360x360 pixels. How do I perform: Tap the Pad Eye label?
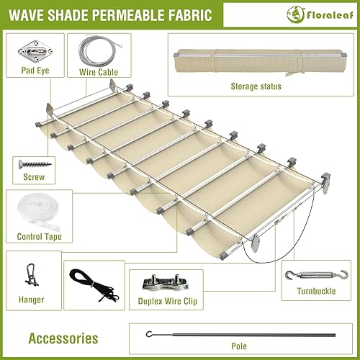[x=29, y=71]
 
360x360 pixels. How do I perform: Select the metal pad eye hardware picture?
[x=30, y=49]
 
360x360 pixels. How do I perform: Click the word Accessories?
[x=63, y=338]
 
